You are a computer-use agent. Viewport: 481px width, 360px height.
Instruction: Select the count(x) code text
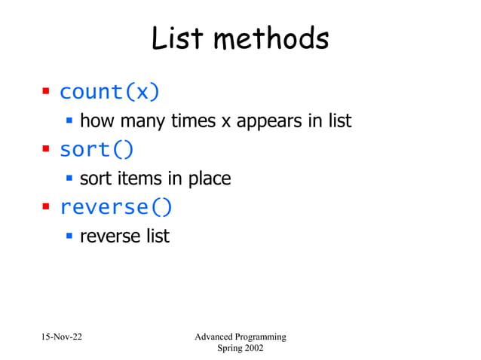109,92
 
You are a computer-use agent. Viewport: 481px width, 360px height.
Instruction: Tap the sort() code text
97,149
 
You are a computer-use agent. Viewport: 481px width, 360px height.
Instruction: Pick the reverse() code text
115,206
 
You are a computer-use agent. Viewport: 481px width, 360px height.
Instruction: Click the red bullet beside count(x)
45,92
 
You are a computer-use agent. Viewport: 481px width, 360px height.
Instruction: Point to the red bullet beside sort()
45,149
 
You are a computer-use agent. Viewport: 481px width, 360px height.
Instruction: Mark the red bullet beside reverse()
45,206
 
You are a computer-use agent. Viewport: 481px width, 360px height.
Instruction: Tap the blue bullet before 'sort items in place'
69,178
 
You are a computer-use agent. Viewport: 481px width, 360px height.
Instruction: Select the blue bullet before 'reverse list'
69,235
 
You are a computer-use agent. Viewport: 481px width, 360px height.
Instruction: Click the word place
209,179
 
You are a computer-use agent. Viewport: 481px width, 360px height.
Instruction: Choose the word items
138,178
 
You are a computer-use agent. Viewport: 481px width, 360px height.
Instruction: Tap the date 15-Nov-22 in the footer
62,336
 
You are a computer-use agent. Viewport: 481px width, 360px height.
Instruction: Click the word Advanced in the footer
213,336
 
